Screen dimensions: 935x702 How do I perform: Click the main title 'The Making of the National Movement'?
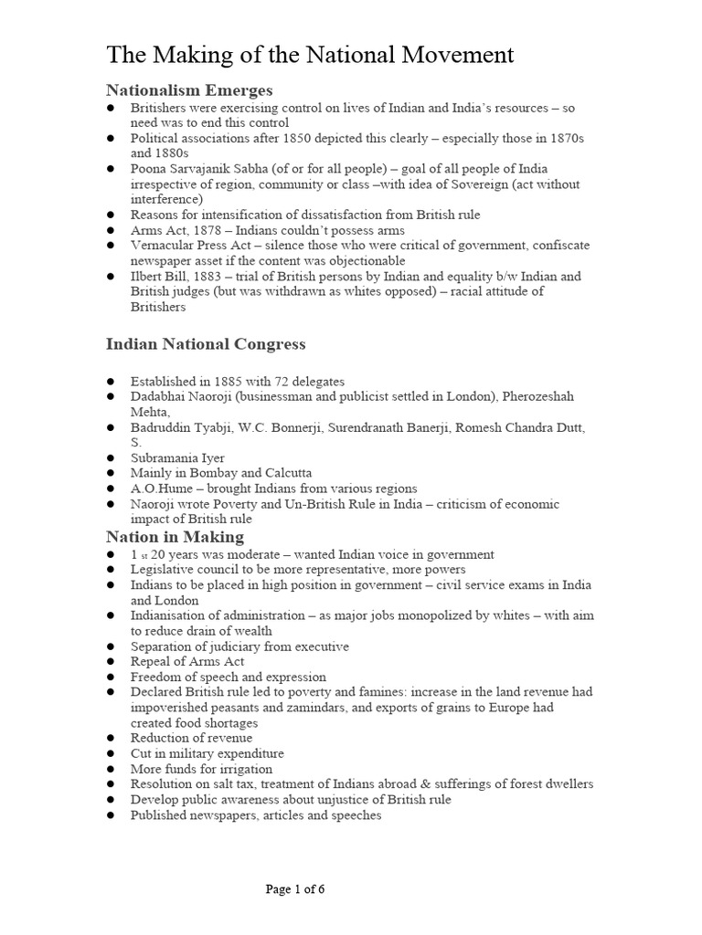tap(310, 56)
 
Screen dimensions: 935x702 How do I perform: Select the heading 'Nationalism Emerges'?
tap(189, 89)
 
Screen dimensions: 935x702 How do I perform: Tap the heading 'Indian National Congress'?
tap(206, 344)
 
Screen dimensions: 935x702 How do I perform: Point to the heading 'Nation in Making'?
tap(175, 536)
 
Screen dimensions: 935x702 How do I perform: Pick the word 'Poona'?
tap(149, 169)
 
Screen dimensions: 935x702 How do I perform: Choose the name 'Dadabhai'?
tap(159, 396)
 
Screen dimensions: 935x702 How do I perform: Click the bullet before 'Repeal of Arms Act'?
tap(110, 661)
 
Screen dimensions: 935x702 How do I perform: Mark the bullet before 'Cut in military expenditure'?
tap(110, 753)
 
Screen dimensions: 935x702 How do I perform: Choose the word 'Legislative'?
tap(163, 569)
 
